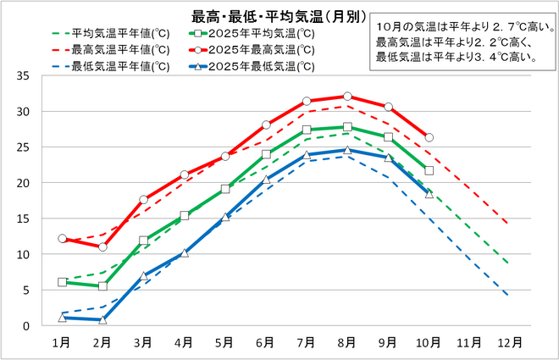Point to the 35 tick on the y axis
click(23, 76)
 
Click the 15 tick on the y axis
click(23, 219)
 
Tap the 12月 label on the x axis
click(511, 342)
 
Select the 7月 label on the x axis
click(307, 342)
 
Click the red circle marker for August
click(347, 97)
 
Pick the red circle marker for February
click(102, 246)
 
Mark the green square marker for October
click(429, 170)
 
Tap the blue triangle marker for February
click(102, 319)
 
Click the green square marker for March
click(144, 241)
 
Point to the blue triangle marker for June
click(266, 180)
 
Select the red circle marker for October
click(429, 137)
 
